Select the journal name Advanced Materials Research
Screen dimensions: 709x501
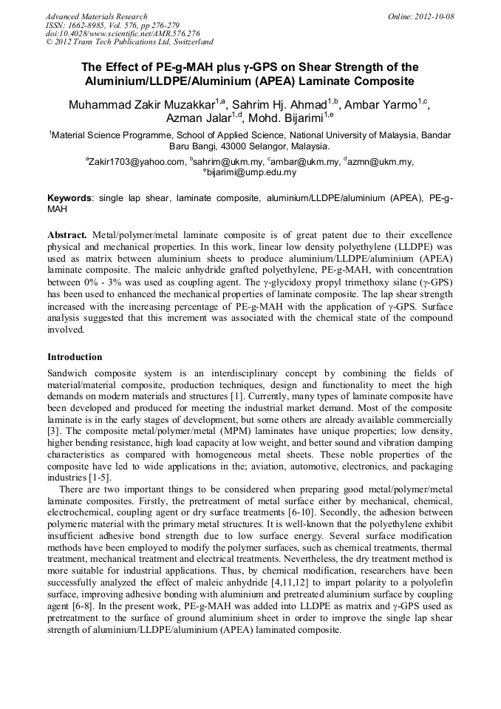(x=96, y=16)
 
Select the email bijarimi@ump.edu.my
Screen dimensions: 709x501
(x=252, y=172)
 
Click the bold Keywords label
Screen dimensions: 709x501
(x=70, y=199)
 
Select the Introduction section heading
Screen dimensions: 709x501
(x=75, y=356)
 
